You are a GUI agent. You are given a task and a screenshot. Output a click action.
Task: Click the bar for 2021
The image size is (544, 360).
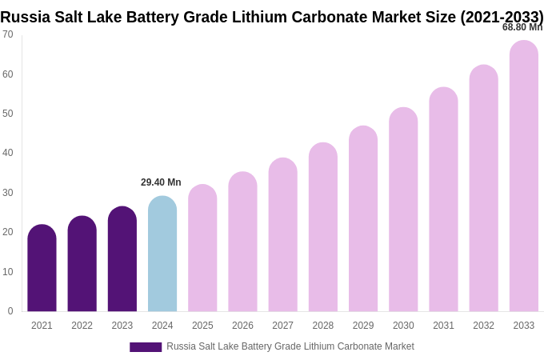point(42,268)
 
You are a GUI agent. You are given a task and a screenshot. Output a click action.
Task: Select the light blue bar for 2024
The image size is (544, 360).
point(162,254)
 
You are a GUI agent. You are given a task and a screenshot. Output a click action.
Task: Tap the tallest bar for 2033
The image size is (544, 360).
point(523,176)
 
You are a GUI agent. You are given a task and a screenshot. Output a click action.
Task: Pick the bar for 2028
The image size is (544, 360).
point(323,227)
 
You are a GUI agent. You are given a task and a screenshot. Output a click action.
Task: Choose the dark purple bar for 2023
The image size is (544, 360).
point(122,259)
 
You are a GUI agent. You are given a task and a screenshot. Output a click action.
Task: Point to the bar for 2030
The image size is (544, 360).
point(403,210)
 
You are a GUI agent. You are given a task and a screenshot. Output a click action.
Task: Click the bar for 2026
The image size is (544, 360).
point(242,242)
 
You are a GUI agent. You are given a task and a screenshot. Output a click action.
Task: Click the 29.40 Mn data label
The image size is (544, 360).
point(161,182)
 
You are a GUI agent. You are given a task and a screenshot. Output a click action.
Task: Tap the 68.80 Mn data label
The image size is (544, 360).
point(522,27)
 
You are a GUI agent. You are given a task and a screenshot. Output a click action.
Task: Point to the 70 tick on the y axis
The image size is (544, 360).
point(8,34)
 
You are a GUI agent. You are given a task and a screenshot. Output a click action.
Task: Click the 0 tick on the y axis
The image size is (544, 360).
point(10,311)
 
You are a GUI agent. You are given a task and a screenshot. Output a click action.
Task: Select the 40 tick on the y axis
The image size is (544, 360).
point(8,153)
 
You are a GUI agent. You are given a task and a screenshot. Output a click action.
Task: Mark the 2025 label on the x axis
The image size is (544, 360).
point(202,326)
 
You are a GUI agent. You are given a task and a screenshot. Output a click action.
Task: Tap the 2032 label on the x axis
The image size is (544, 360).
point(483,326)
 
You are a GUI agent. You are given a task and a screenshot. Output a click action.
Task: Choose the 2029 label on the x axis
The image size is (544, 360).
point(363,326)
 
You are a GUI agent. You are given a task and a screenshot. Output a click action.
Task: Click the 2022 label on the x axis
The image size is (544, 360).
point(82,326)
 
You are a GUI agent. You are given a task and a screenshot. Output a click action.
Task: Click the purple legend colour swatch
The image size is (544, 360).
point(146,347)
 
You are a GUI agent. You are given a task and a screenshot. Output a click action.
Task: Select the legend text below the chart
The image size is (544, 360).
point(290,346)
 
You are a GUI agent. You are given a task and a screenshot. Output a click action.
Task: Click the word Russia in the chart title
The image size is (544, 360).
point(25,17)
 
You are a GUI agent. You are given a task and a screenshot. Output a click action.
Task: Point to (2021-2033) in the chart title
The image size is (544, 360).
point(502,17)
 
